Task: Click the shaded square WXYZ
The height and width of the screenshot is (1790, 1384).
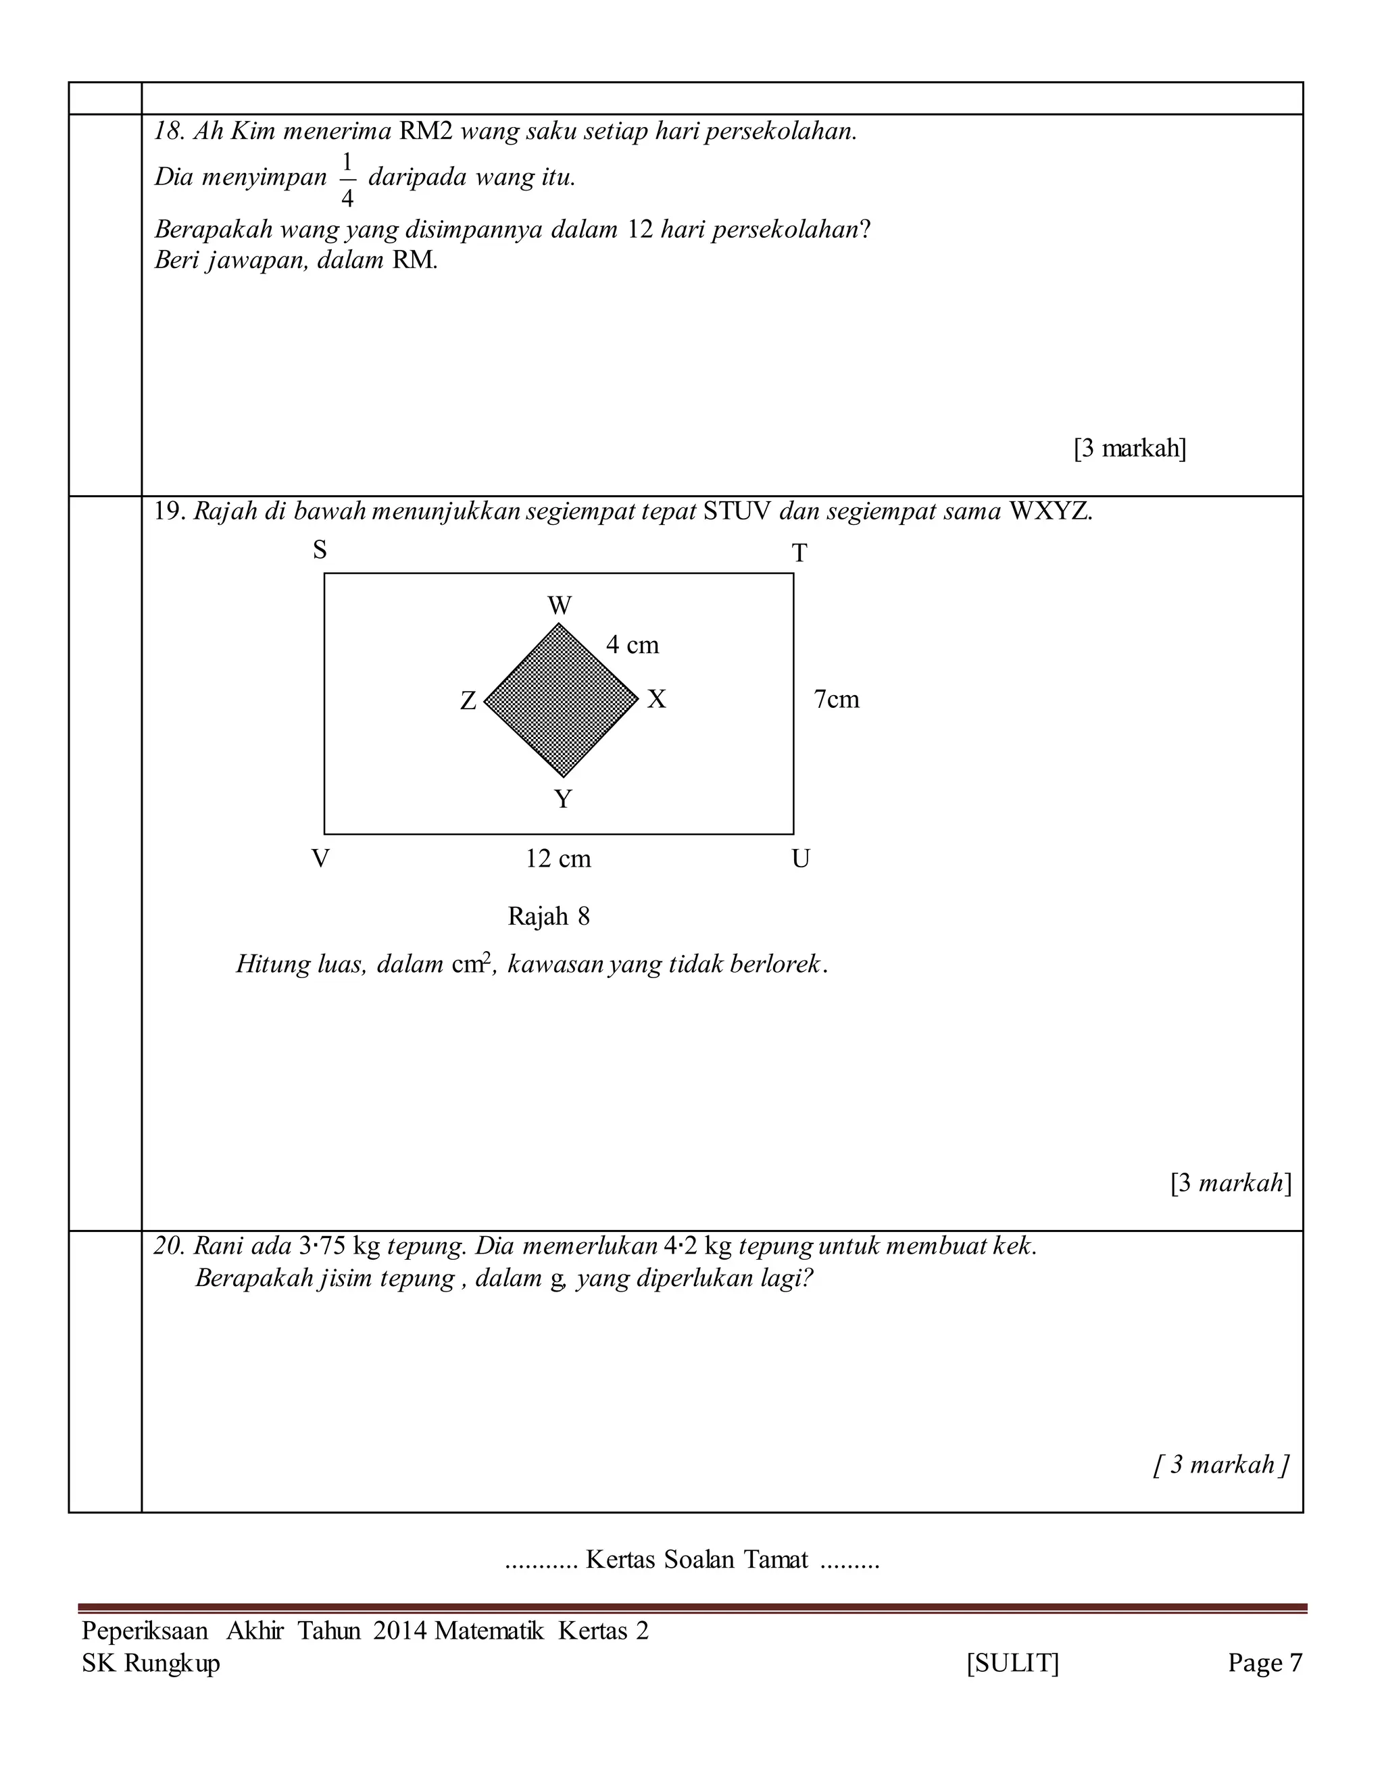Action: [561, 700]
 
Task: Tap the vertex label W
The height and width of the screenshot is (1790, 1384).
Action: [559, 606]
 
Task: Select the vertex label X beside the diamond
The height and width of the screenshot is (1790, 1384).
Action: [657, 700]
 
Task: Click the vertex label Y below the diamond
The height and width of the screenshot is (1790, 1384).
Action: [562, 799]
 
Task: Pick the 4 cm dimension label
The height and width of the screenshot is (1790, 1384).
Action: [632, 646]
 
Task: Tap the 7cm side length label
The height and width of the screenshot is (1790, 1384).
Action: [837, 700]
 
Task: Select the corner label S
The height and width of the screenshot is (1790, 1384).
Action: [320, 550]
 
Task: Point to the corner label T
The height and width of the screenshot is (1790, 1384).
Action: [799, 554]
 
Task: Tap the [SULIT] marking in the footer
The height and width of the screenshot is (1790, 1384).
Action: [1012, 1663]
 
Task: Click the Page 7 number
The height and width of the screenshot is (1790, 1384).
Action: [1264, 1663]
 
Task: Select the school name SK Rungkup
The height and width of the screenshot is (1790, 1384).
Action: [151, 1664]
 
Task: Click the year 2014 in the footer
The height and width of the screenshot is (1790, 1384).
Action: [399, 1631]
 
